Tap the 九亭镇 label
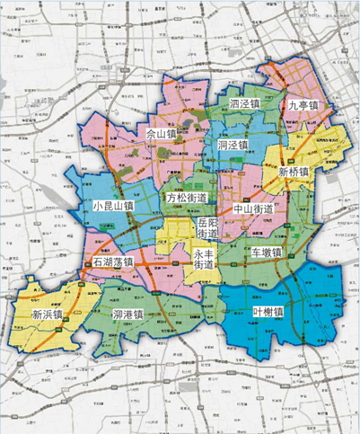pos(303,105)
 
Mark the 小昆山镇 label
pos(112,206)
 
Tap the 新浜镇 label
pos(46,314)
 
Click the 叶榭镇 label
pos(268,311)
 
